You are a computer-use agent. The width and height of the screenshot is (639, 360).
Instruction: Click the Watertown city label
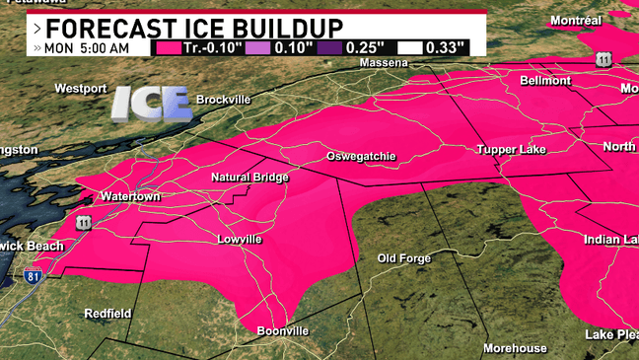(130, 196)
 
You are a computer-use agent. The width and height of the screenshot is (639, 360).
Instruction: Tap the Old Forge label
(404, 258)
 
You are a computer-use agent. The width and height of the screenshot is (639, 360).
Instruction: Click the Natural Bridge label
(249, 178)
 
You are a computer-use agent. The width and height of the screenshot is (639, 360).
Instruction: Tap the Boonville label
(282, 331)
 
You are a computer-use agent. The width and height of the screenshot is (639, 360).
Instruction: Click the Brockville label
(224, 100)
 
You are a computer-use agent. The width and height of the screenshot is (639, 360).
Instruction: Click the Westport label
(80, 89)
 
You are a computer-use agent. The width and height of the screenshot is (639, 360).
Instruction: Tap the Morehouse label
(514, 348)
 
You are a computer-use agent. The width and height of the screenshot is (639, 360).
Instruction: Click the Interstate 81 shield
(33, 271)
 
